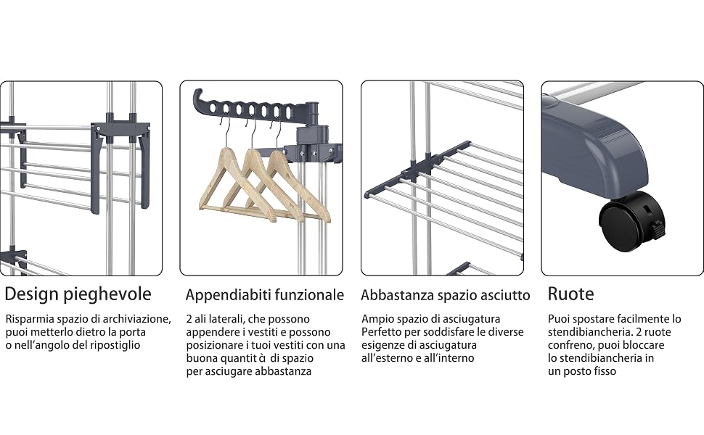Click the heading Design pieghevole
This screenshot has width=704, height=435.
coord(78,294)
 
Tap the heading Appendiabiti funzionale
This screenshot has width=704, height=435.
coord(264,295)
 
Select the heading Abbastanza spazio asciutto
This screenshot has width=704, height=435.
coord(446,295)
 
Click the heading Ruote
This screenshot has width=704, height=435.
coord(570,294)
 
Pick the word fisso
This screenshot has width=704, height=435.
coord(604,371)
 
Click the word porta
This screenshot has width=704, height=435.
coord(134,333)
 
